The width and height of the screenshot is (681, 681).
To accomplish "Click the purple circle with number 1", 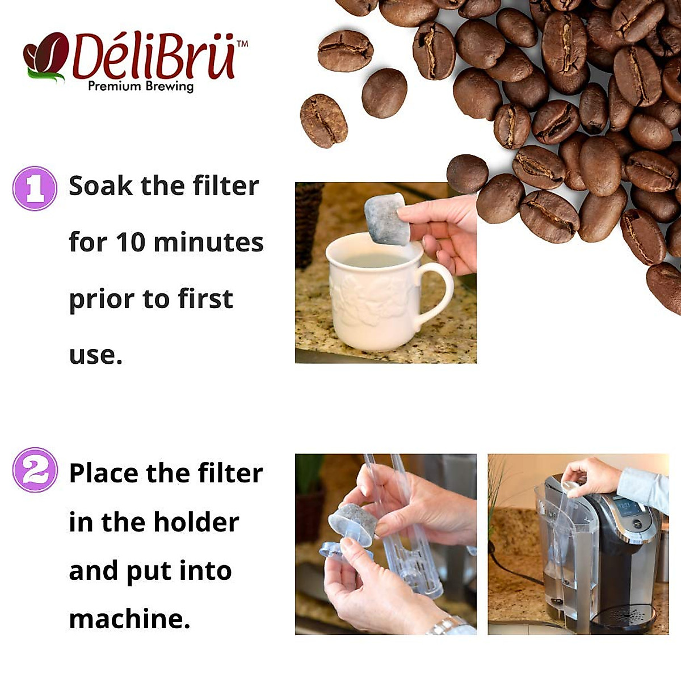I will [x=35, y=188].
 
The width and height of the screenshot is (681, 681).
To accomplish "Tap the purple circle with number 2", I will [x=35, y=470].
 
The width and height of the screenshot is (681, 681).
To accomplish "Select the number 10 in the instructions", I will [x=130, y=243].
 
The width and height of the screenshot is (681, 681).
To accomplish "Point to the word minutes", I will [x=208, y=243].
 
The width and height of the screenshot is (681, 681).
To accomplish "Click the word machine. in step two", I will [x=129, y=619].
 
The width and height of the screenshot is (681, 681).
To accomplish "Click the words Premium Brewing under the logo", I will [x=141, y=86].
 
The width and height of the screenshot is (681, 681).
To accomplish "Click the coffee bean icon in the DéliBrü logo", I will [x=45, y=56].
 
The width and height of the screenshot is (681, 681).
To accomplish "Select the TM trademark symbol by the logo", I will [x=242, y=43].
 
